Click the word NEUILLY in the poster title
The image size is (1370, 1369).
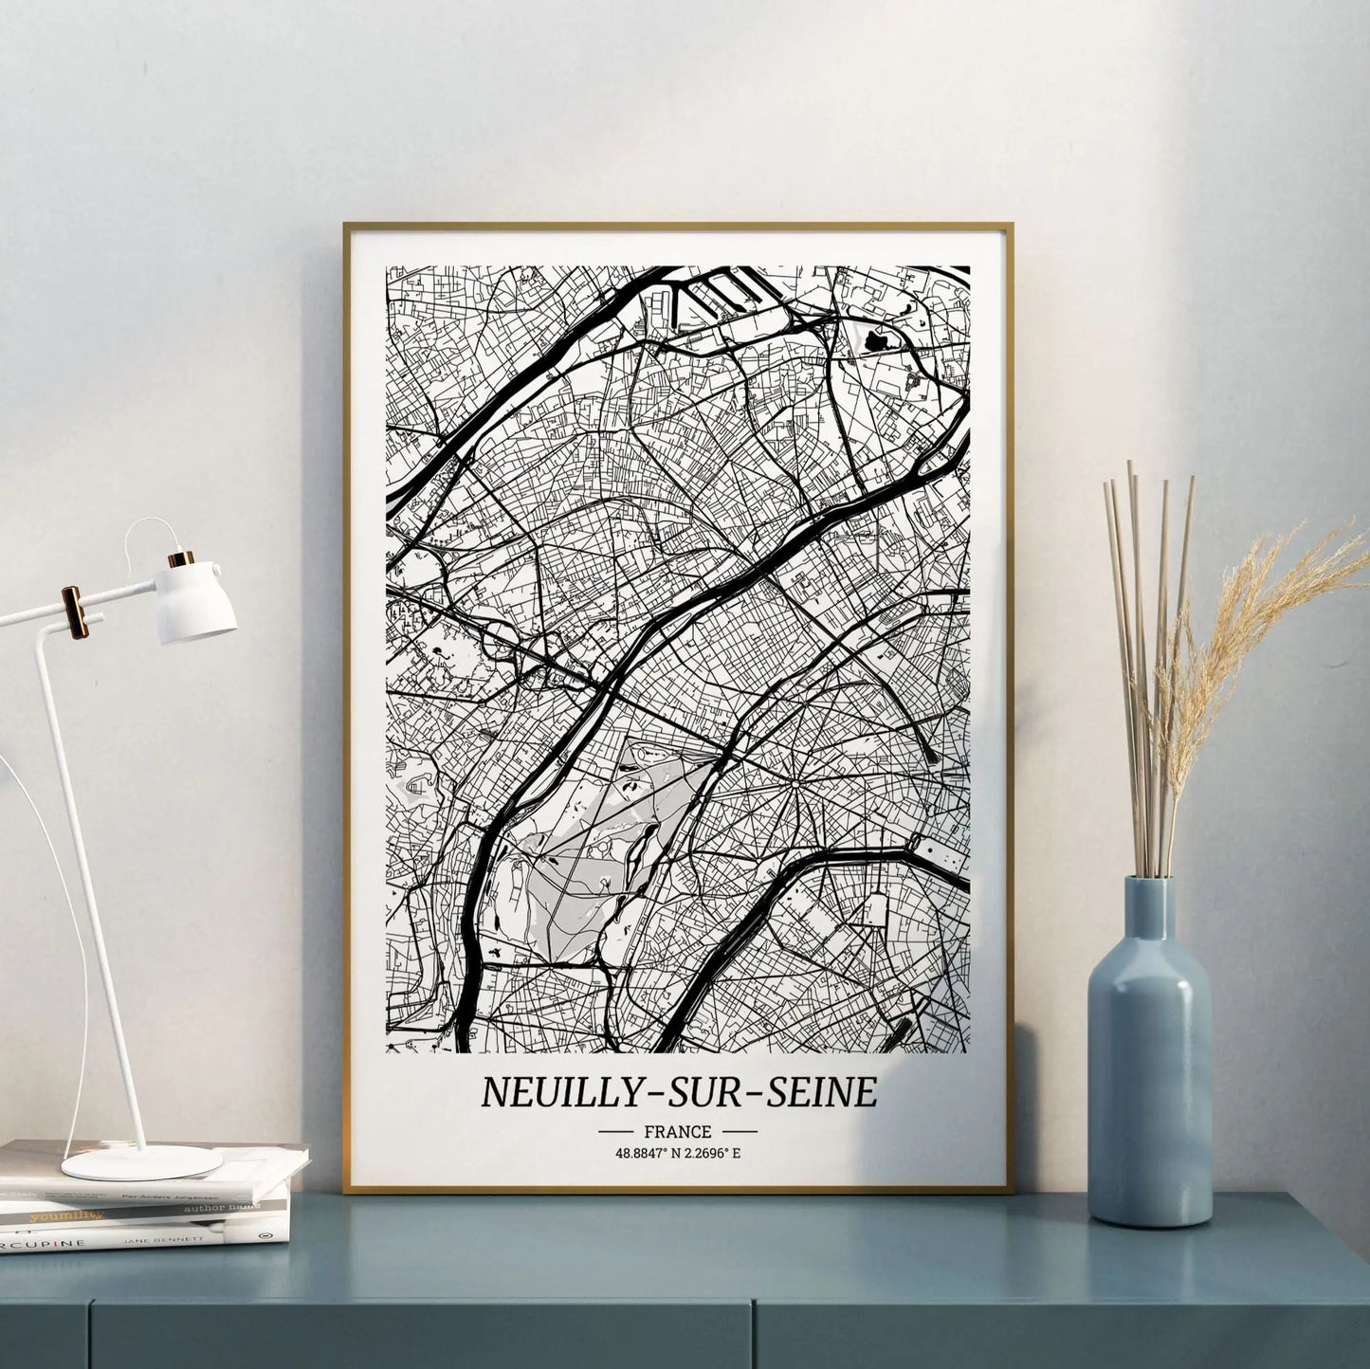point(551,1093)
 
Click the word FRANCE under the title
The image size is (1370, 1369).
point(677,1131)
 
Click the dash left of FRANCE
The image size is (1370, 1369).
point(615,1131)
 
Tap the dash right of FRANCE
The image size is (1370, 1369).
point(740,1131)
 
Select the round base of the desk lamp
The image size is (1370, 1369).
point(141,1161)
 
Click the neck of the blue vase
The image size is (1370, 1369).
point(1148,915)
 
